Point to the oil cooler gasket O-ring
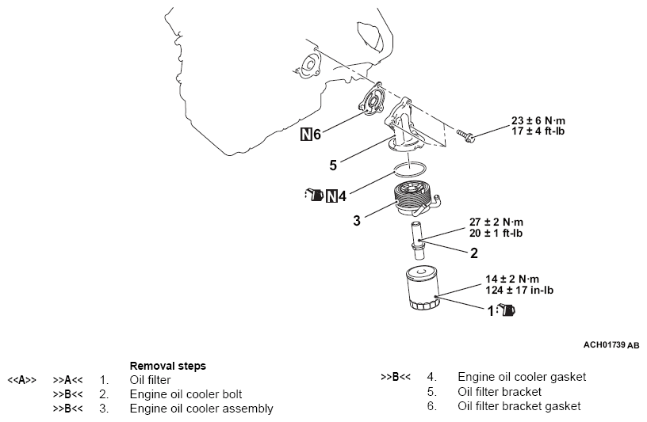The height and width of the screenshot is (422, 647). click(x=411, y=168)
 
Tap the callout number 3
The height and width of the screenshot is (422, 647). click(x=357, y=220)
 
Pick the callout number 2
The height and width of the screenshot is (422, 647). click(x=474, y=254)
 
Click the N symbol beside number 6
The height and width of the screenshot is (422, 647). click(x=305, y=134)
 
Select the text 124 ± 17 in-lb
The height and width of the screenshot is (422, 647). click(x=519, y=291)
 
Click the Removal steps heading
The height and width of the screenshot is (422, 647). click(x=167, y=366)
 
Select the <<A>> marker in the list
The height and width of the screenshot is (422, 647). click(x=21, y=380)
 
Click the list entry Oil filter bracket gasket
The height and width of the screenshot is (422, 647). click(x=519, y=406)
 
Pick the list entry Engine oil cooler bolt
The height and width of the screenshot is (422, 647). click(x=186, y=393)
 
